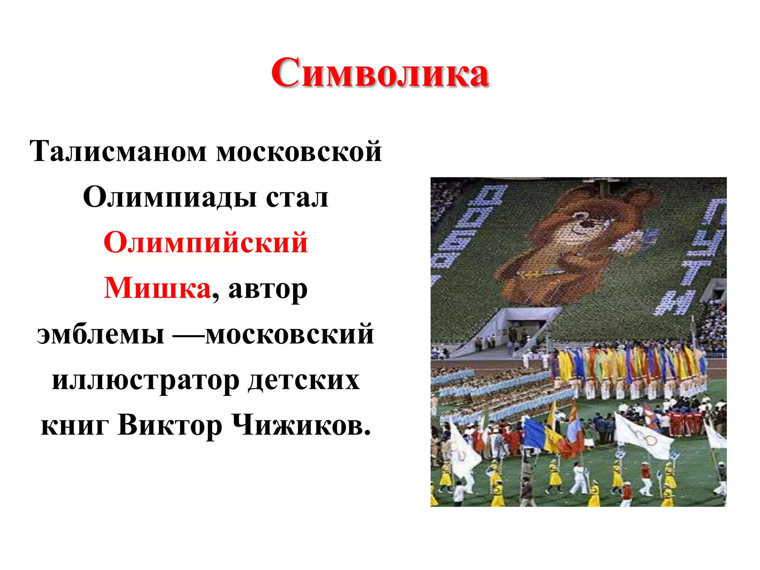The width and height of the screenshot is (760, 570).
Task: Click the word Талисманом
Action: [118, 151]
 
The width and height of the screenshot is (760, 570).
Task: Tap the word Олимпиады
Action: [169, 197]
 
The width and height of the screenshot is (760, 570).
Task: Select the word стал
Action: [297, 197]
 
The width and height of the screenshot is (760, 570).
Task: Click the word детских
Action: [304, 380]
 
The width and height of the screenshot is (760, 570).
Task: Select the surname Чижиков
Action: [301, 425]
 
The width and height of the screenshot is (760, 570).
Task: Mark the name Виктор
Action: [170, 425]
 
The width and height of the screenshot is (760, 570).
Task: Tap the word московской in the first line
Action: [299, 151]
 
